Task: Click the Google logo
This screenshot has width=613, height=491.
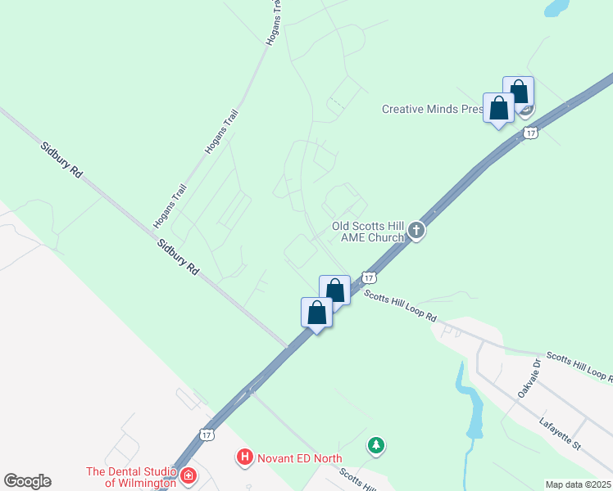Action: coord(27,481)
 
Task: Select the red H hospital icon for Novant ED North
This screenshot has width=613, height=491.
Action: coord(244,458)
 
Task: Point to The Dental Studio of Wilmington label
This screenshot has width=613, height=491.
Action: coord(131,476)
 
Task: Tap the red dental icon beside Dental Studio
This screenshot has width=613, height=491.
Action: coord(188,475)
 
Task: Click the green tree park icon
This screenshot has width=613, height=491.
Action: coord(376,445)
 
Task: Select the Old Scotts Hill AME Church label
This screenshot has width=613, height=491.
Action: coord(368,232)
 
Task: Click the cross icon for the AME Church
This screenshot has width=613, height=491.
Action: coord(416,231)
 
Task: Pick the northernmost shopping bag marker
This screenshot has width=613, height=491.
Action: coord(518,91)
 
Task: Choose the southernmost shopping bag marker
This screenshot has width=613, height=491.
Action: coord(316,313)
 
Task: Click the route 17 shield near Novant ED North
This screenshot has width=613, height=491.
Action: coord(206,433)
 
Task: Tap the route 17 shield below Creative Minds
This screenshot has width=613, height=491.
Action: coord(531,133)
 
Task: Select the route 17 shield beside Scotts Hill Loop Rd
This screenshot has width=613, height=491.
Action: coord(369,278)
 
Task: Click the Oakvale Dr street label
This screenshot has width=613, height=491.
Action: coord(527,377)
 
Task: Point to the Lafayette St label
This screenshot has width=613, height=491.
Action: coord(560,434)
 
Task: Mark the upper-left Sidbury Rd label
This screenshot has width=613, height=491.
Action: coord(63,160)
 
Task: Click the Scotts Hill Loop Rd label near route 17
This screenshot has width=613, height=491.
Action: coord(401,306)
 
